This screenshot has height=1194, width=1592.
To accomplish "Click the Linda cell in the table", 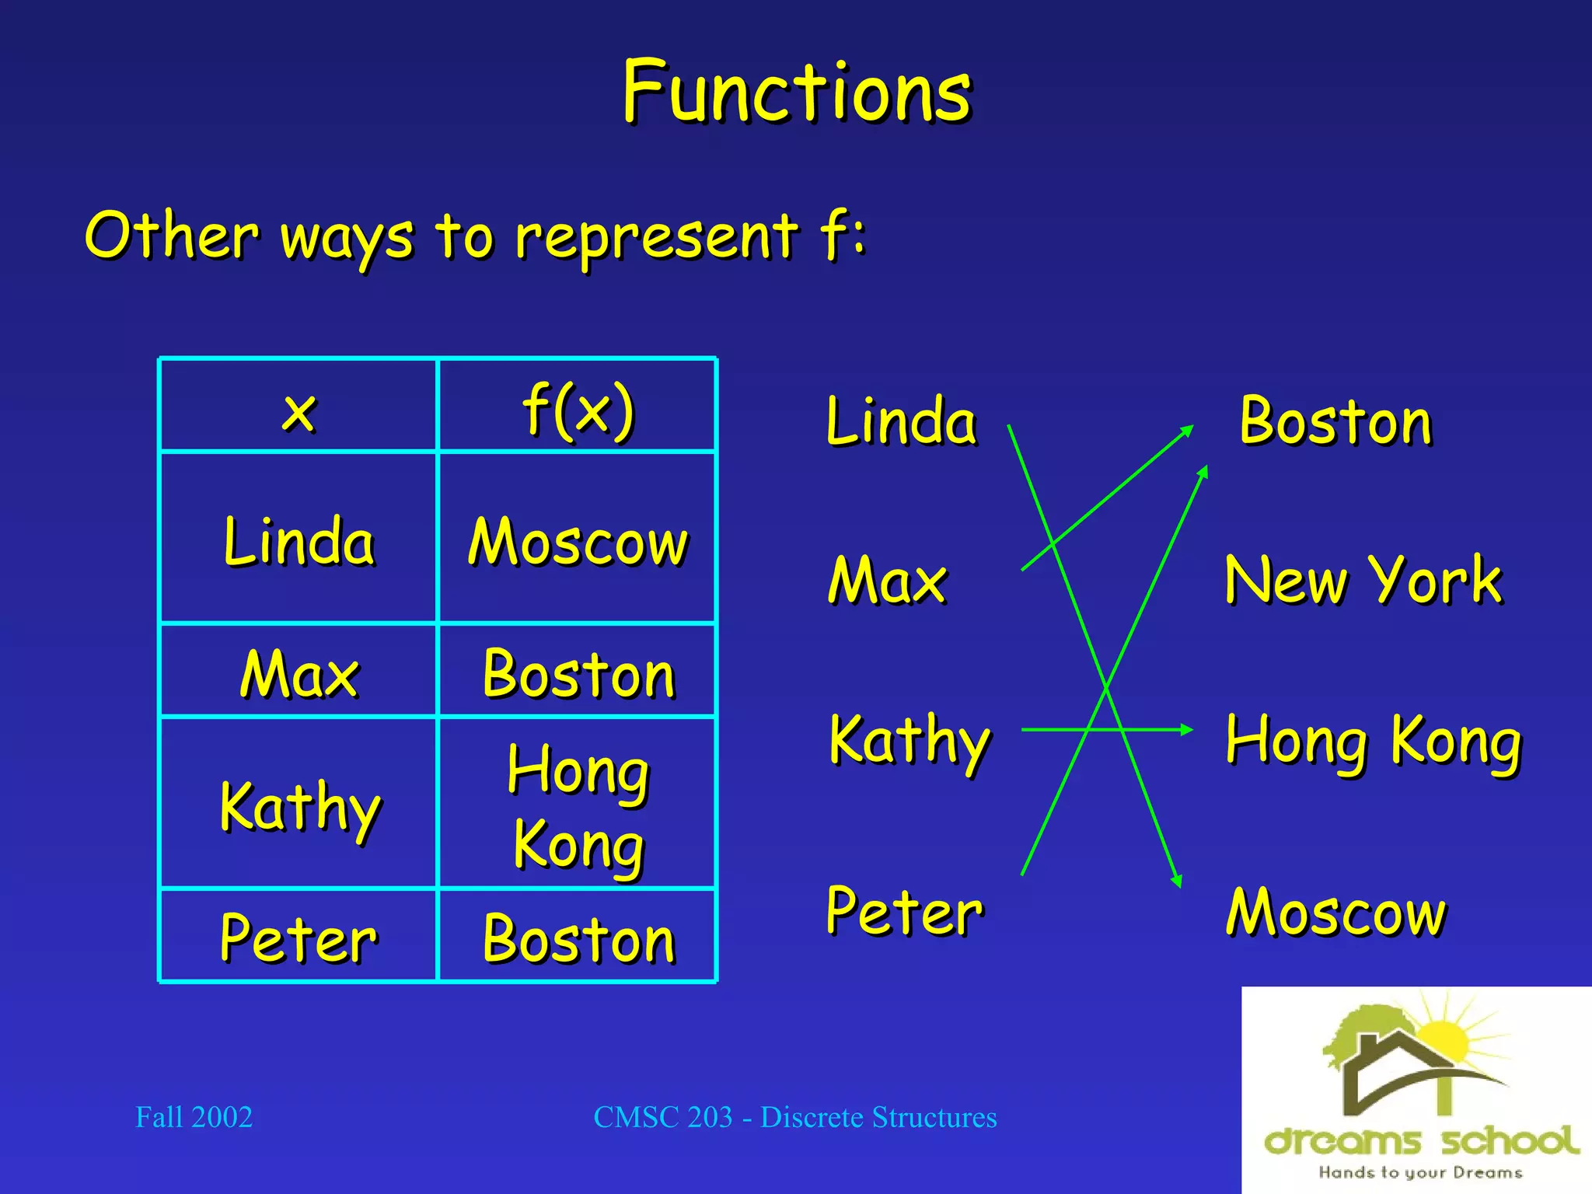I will pos(298,540).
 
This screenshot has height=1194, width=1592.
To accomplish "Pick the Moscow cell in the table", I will pos(578,541).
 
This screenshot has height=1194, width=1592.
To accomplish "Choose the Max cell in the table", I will pos(298,673).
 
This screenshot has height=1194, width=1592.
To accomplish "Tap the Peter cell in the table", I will pos(298,938).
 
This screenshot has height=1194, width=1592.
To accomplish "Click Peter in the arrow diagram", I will pos(904,911).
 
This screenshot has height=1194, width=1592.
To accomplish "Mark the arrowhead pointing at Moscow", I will pos(1178,881).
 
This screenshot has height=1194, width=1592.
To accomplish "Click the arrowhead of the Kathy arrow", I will pos(1186,729).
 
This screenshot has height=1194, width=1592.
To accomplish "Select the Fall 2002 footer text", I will pos(194,1117).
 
